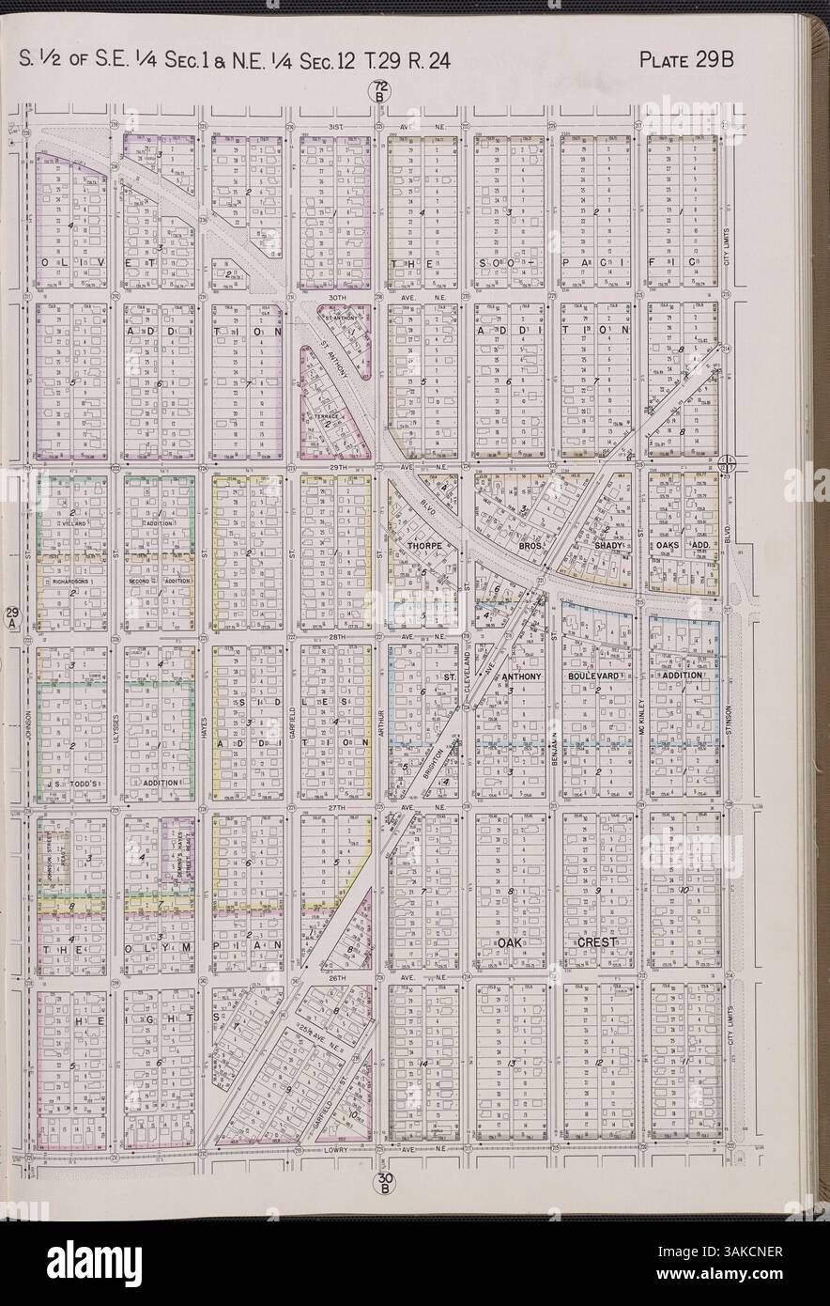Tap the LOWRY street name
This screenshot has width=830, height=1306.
coord(335,1149)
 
